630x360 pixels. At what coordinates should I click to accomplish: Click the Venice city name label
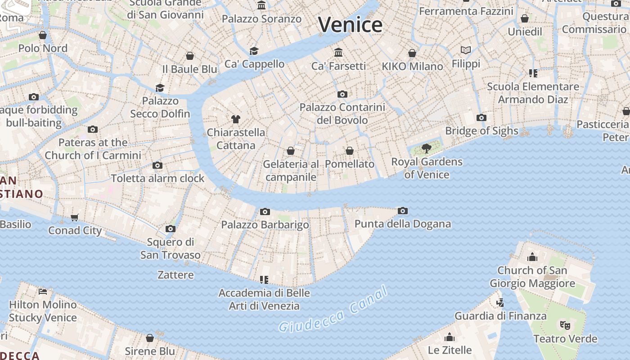pos(350,24)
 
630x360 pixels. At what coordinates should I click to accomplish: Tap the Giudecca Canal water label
pos(333,310)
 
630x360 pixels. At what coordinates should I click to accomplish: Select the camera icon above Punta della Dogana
pos(403,211)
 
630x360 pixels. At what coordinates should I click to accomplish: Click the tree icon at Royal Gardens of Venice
pos(426,148)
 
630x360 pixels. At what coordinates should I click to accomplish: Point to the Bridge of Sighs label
pos(481,131)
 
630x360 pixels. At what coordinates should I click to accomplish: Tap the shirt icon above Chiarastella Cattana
pos(235,119)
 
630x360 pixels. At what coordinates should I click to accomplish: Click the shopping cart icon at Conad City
pos(74,218)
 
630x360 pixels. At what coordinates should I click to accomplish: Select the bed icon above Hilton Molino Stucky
pos(43,292)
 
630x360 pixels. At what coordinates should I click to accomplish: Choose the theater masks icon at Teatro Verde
pos(565,325)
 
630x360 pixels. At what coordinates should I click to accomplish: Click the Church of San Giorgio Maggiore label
pos(532,277)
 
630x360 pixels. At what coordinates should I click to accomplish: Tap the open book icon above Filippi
pos(466,50)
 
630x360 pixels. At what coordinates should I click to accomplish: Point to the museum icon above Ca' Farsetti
pos(338,53)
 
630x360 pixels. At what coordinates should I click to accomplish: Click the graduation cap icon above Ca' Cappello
pos(254,51)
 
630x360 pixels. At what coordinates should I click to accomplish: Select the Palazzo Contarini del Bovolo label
pos(342,114)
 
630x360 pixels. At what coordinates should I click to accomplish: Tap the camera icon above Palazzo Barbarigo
pos(265,211)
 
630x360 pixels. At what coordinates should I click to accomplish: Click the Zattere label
pos(175,274)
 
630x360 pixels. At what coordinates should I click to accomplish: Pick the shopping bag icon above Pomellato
pos(350,151)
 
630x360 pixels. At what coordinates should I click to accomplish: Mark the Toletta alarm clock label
pos(157,178)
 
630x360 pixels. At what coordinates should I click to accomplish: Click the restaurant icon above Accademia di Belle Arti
pos(264,280)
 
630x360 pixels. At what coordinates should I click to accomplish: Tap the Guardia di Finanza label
pos(500,316)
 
